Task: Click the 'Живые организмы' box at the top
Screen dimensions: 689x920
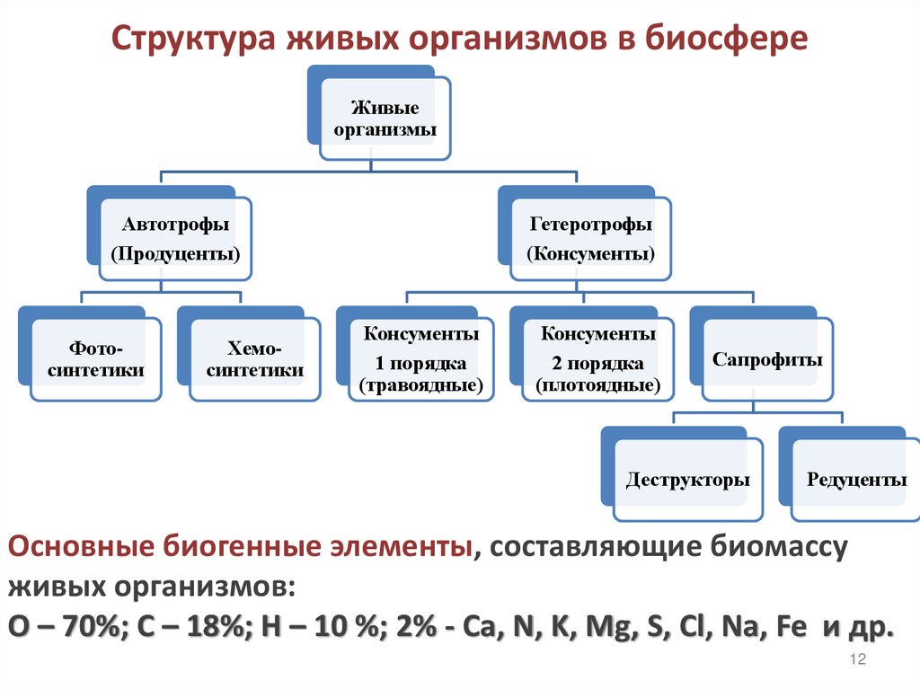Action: [385, 119]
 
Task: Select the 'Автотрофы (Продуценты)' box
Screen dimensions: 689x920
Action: [175, 238]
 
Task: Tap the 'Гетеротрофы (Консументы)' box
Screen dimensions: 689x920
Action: [590, 238]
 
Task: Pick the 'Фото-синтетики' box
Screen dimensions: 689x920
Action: [96, 358]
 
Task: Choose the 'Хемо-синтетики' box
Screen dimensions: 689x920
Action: [254, 358]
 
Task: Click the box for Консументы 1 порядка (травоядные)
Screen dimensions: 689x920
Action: [420, 359]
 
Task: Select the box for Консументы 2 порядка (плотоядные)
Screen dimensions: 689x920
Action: [597, 359]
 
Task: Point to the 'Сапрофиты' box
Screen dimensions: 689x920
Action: [767, 359]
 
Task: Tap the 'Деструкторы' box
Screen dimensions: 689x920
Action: [687, 480]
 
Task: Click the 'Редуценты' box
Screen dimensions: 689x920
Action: [855, 480]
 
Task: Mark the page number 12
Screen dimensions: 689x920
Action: [856, 660]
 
